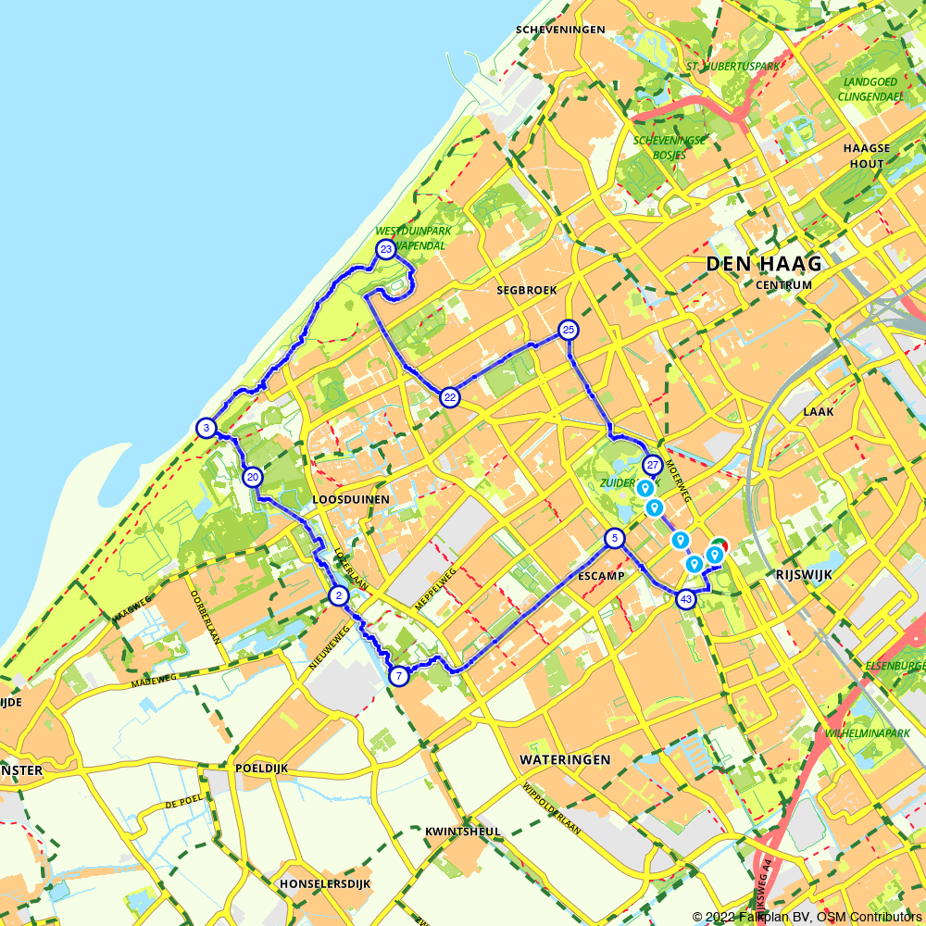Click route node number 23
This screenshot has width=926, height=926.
click(386, 249)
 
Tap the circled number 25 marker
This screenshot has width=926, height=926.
click(569, 330)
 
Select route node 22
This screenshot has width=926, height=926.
click(450, 397)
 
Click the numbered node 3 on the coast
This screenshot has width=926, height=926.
click(206, 427)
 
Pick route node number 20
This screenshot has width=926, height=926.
click(252, 477)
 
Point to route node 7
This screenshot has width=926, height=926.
click(399, 675)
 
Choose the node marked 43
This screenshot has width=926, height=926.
click(685, 599)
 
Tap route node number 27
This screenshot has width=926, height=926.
click(653, 465)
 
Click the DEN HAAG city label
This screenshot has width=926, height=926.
click(764, 264)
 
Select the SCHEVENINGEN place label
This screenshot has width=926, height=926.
click(560, 30)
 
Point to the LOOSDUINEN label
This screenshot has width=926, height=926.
click(351, 499)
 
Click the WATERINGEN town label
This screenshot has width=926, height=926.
click(565, 759)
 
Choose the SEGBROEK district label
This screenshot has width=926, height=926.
click(527, 290)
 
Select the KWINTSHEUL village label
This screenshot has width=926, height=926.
click(462, 832)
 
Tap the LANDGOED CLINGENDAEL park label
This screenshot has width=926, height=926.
click(870, 87)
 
